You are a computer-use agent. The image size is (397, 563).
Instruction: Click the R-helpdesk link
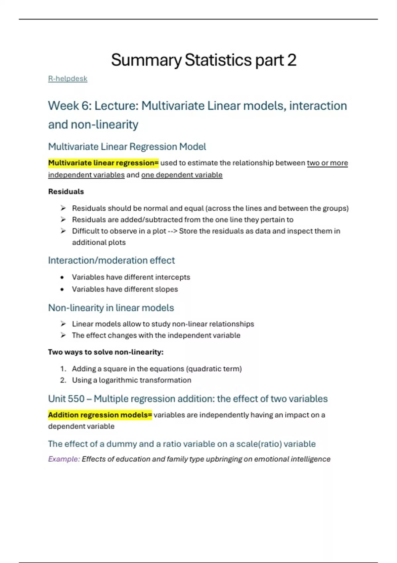[67, 79]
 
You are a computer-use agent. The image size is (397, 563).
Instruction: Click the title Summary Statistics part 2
[203, 60]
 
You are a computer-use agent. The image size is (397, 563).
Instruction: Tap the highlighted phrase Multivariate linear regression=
[103, 163]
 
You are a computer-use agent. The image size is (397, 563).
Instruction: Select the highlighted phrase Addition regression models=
[100, 415]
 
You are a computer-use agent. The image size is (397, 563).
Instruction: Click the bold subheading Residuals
[66, 191]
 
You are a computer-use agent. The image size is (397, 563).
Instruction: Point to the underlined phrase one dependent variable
[182, 175]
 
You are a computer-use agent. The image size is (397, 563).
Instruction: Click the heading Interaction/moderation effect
[111, 260]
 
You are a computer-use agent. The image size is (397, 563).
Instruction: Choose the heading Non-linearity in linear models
[111, 308]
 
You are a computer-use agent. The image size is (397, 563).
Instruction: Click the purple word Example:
[64, 459]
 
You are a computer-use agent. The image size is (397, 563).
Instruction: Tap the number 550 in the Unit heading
[75, 399]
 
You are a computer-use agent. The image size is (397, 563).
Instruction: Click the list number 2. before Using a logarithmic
[63, 380]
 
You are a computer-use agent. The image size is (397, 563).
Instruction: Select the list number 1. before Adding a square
[63, 369]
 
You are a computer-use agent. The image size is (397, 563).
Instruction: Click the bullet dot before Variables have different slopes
[62, 289]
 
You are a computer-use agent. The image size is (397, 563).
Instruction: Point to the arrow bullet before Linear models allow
[63, 324]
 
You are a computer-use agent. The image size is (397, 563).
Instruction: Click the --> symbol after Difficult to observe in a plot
[173, 231]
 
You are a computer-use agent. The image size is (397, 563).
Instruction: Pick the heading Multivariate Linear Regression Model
[127, 147]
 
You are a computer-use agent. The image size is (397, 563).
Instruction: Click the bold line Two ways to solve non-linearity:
[106, 352]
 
